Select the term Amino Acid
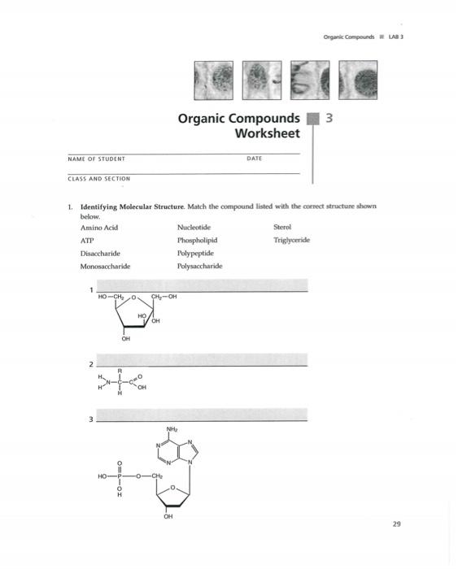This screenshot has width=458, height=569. coord(99,228)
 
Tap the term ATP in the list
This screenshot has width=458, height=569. coord(87,241)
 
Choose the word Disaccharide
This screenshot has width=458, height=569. coord(101,253)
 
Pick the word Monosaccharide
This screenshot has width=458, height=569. coord(106,266)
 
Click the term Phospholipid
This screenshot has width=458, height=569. coord(197,241)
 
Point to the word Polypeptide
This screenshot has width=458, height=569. coord(195,253)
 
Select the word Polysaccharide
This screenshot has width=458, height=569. coord(199,266)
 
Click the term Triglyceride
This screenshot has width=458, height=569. coord(291,241)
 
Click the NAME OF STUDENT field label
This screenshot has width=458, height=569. coord(96,160)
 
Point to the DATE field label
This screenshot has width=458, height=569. coord(253,159)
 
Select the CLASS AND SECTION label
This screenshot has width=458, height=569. coord(99,177)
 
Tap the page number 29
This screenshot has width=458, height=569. coord(396,524)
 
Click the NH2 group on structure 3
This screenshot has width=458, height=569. coord(172,429)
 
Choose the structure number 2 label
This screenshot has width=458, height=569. coord(92,363)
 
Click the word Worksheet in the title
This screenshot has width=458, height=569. coord(266,133)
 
